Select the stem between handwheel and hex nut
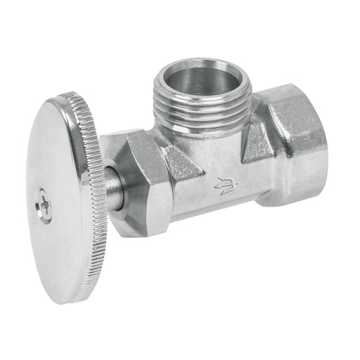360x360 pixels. pyautogui.click(x=113, y=189)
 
